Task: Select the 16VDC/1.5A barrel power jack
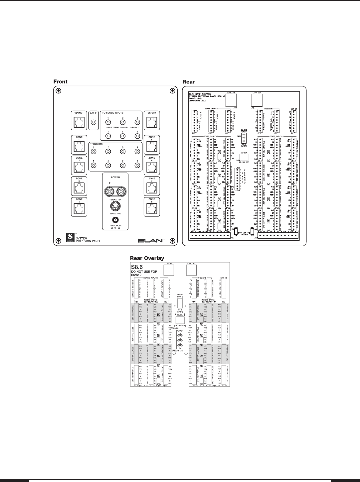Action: pyautogui.click(x=115, y=220)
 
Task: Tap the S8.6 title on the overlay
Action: pyautogui.click(x=138, y=266)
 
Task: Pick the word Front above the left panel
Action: pyautogui.click(x=61, y=82)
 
